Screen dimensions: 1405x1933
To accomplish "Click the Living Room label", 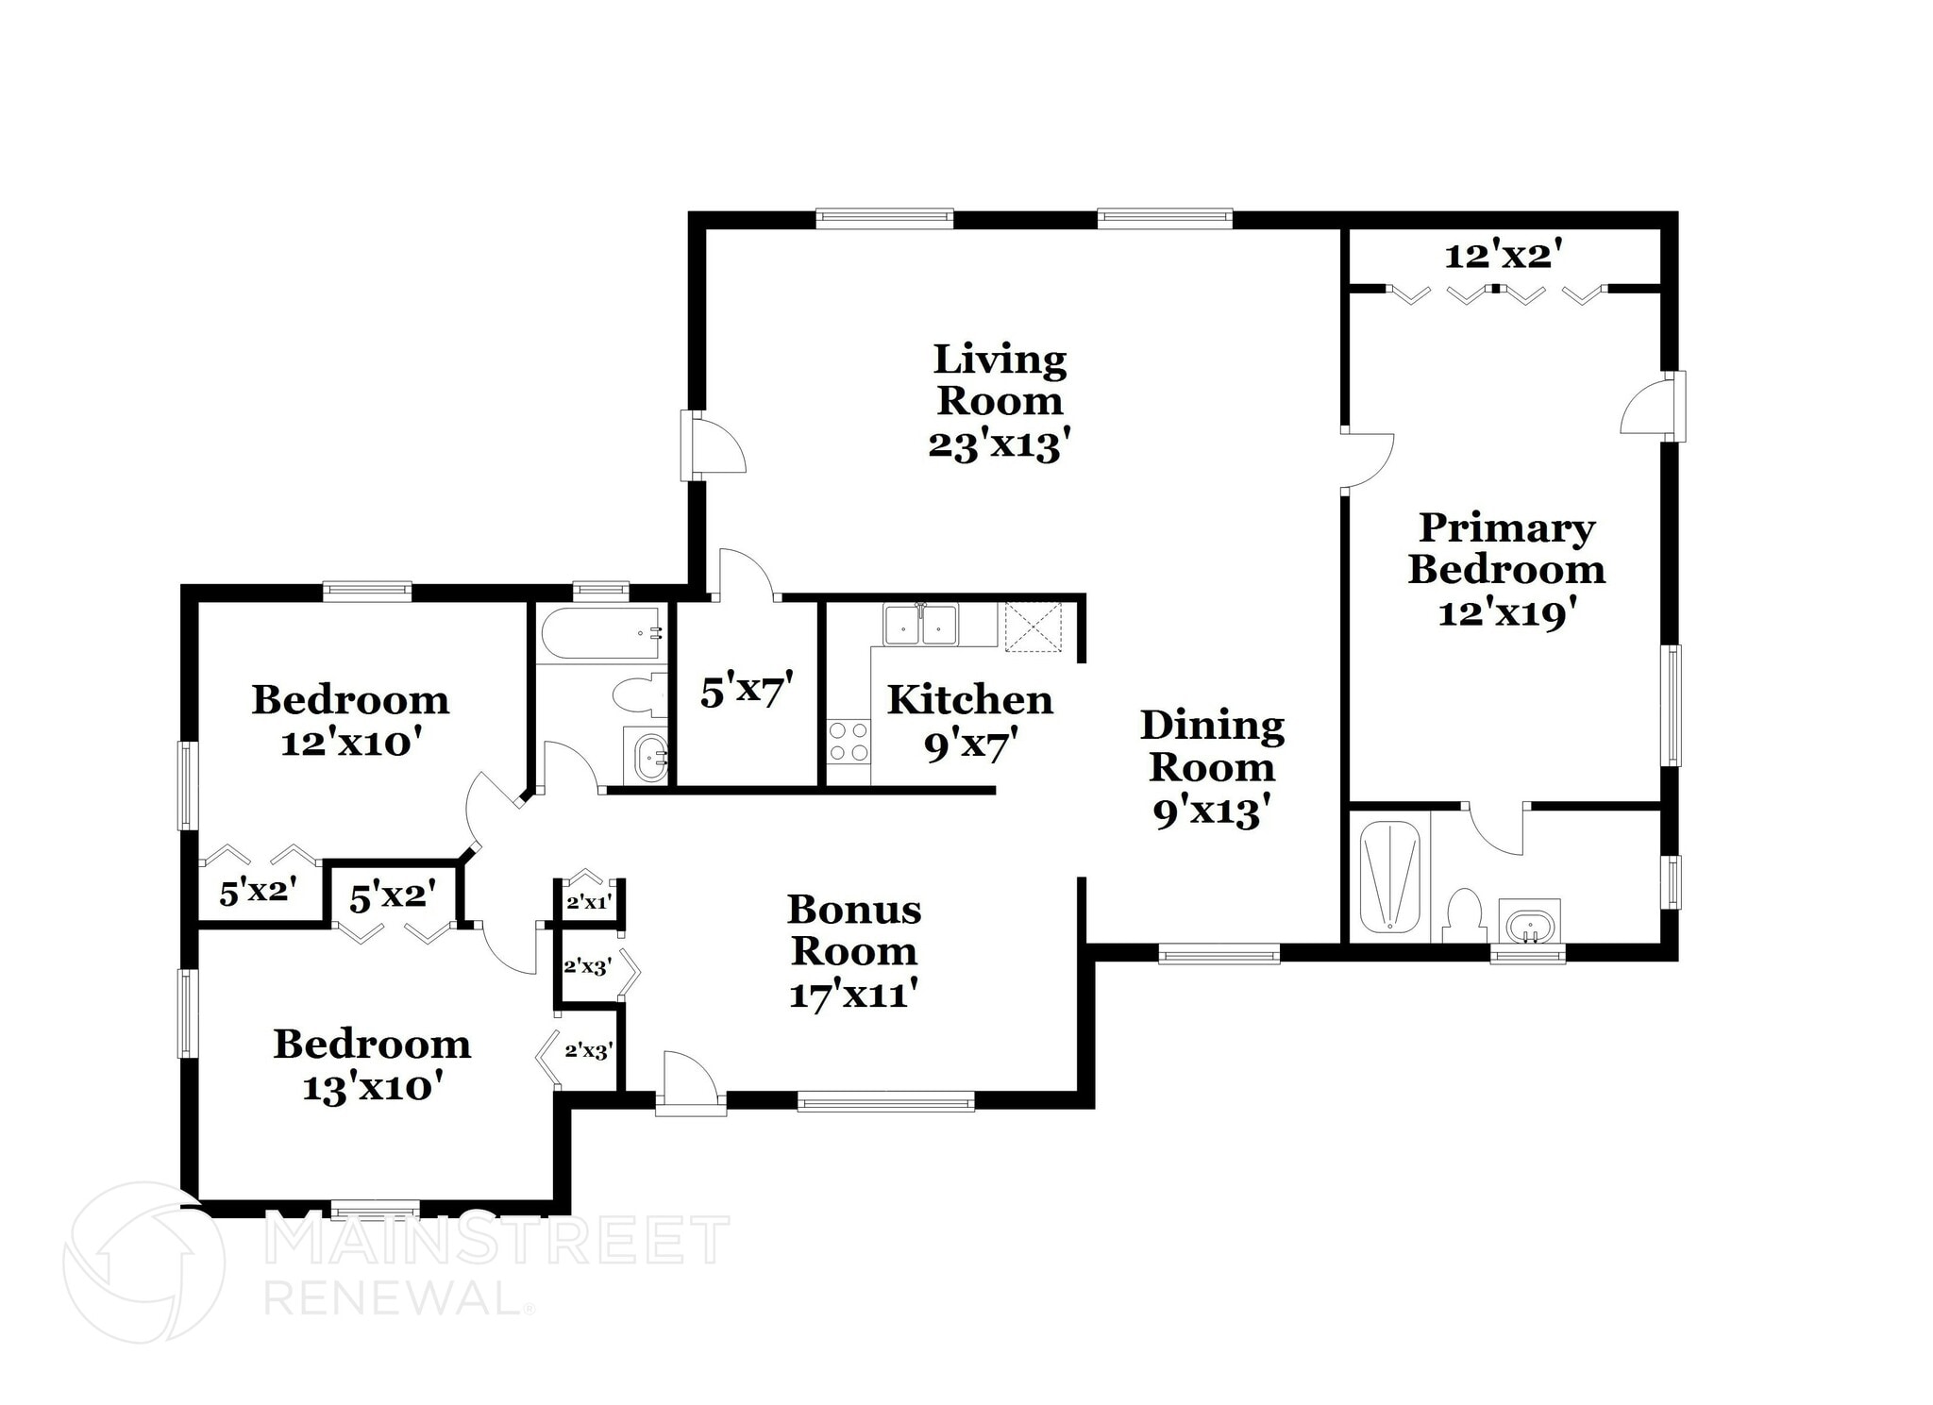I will pyautogui.click(x=1000, y=379).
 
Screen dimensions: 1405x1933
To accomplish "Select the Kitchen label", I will pyautogui.click(x=969, y=700).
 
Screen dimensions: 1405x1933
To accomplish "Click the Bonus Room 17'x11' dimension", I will pyautogui.click(x=853, y=995).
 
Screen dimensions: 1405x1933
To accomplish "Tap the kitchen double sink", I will pyautogui.click(x=920, y=625).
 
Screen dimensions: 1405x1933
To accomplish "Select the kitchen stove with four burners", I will pyautogui.click(x=849, y=741).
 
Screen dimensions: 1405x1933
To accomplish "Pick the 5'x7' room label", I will pyautogui.click(x=746, y=693).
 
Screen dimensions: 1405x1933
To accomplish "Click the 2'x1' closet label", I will pyautogui.click(x=589, y=902).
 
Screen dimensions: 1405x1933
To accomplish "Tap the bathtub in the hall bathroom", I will pyautogui.click(x=600, y=633).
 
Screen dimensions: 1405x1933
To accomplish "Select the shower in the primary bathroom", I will pyautogui.click(x=1389, y=878).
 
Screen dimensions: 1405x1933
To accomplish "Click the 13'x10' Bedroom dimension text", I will pyautogui.click(x=373, y=1088).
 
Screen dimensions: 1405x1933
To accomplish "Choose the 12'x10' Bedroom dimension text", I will pyautogui.click(x=350, y=744).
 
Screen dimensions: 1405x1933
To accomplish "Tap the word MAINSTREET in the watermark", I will pyautogui.click(x=496, y=1240).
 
